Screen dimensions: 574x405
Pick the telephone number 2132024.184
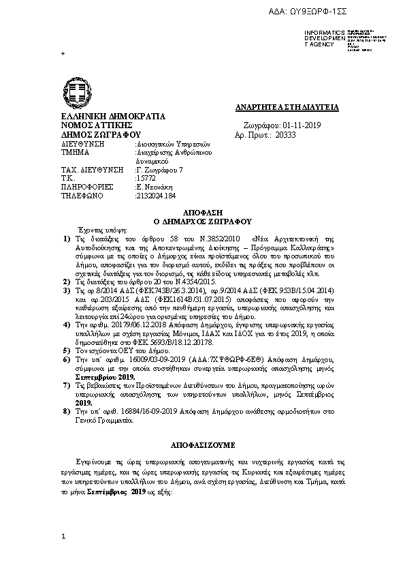pos(156,194)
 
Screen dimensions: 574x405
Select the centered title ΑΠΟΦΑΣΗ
pos(203,213)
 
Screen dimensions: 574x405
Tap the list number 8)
pos(66,413)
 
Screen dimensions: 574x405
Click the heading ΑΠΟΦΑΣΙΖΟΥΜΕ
pos(203,444)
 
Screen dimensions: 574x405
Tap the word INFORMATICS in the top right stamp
pos(321,33)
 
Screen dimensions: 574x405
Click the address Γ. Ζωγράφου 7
pos(161,168)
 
